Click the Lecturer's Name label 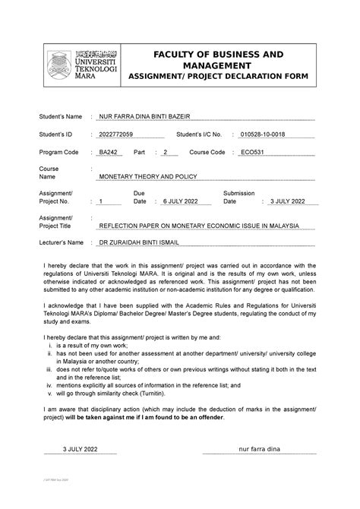click(61, 244)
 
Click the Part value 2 click(163, 153)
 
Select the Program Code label click(58, 153)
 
